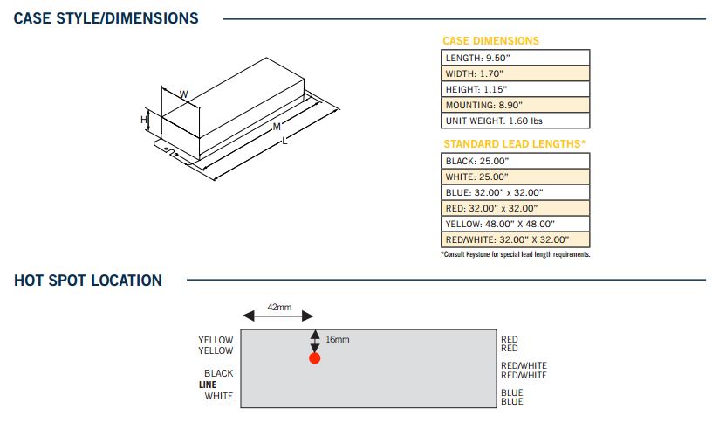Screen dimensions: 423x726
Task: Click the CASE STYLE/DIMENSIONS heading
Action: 106,18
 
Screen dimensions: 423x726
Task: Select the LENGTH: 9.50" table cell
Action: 515,58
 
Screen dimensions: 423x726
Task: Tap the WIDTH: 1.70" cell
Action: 515,73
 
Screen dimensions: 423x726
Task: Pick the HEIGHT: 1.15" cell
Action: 515,89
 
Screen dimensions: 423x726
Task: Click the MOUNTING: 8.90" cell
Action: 515,105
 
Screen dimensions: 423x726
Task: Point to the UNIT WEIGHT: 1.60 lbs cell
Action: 515,121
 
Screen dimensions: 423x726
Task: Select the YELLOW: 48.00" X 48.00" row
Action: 515,224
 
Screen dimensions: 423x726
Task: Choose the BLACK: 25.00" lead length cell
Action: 515,161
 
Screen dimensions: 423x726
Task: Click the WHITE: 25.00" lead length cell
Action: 515,177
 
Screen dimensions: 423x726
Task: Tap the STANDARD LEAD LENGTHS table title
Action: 514,143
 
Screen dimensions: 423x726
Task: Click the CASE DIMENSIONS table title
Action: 490,41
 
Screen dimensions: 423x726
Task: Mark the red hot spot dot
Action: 315,358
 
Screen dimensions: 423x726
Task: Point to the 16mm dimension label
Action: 337,339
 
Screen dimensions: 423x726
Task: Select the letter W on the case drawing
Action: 183,94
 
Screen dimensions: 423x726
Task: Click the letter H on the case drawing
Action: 144,120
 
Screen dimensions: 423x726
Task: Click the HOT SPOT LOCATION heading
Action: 88,281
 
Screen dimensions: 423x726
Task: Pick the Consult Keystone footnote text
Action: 515,254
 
